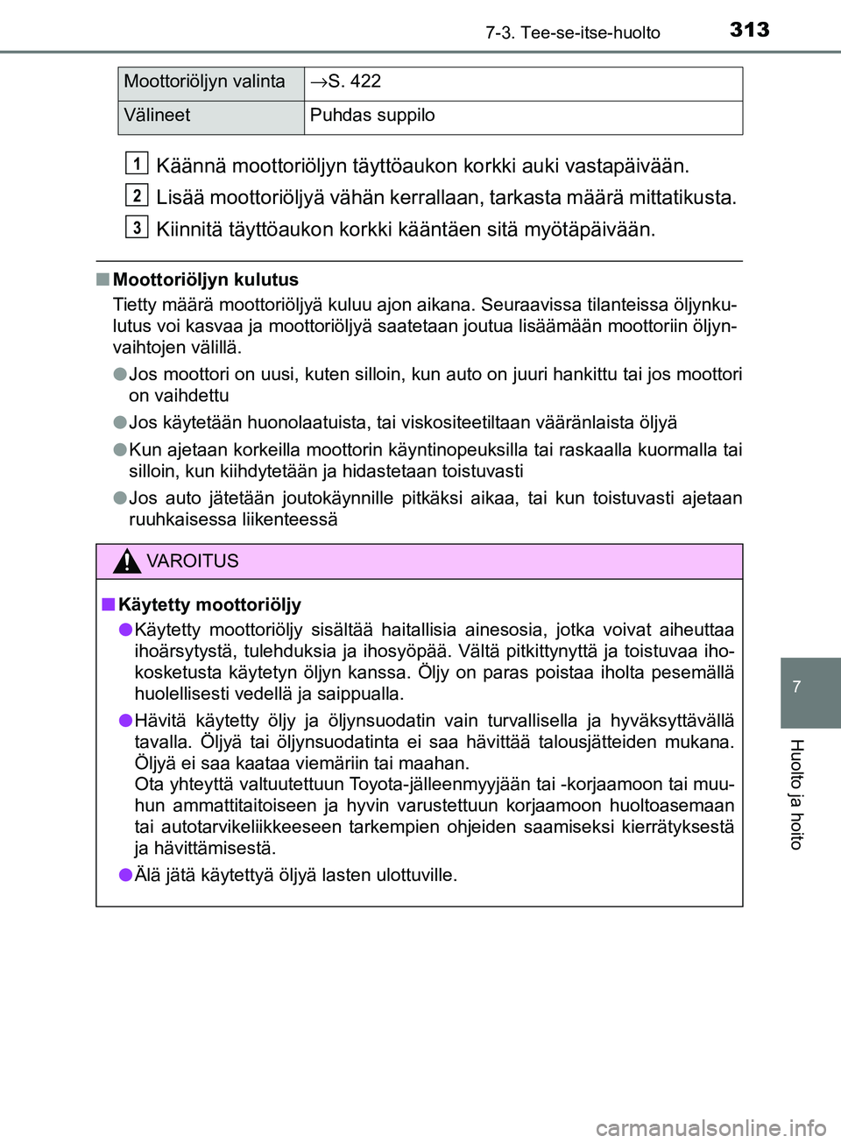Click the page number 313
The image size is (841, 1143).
point(749,30)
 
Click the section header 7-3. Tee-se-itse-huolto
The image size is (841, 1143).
point(573,33)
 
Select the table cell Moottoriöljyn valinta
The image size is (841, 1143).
point(205,82)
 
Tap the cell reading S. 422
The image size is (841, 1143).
point(346,82)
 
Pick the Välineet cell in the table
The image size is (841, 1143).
point(158,116)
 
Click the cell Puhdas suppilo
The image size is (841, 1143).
point(372,116)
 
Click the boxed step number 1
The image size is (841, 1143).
point(137,164)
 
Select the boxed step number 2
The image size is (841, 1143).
point(137,195)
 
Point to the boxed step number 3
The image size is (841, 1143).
point(137,227)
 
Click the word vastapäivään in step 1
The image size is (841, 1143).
point(626,166)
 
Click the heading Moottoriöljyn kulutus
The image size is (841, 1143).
point(206,280)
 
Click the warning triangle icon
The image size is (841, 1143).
point(127,561)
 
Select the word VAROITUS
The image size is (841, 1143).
point(193,561)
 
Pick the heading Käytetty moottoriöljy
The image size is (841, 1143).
point(209,605)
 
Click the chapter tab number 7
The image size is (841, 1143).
point(796,688)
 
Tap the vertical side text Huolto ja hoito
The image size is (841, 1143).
point(796,794)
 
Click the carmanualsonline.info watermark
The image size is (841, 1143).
point(710,1127)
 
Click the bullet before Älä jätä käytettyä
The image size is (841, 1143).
point(125,875)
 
